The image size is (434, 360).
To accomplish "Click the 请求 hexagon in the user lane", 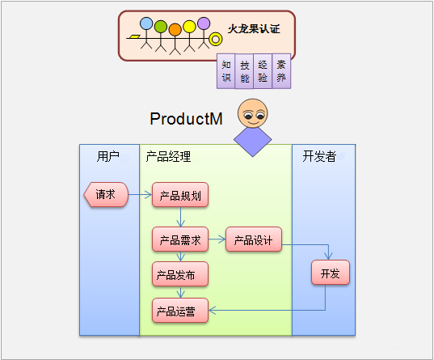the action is pyautogui.click(x=106, y=194).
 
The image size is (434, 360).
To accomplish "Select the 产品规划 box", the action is pyautogui.click(x=180, y=194).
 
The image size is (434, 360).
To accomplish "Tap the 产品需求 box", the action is pyautogui.click(x=180, y=239).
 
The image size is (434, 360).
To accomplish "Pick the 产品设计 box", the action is pyautogui.click(x=254, y=239).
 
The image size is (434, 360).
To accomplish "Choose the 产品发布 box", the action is pyautogui.click(x=180, y=273).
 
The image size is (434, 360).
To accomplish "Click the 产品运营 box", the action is pyautogui.click(x=180, y=311).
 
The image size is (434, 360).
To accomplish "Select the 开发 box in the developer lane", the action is pyautogui.click(x=331, y=272).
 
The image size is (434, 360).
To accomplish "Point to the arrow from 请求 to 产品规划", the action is pyautogui.click(x=141, y=194).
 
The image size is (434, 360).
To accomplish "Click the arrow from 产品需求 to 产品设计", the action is pyautogui.click(x=217, y=239).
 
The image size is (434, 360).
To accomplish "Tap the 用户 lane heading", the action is pyautogui.click(x=108, y=157).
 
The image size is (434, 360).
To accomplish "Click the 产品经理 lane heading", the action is pyautogui.click(x=168, y=157).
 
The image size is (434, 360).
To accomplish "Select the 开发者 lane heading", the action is pyautogui.click(x=319, y=156).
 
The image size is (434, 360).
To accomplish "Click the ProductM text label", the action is pyautogui.click(x=186, y=119).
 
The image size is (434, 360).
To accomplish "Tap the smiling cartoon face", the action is pyautogui.click(x=252, y=113).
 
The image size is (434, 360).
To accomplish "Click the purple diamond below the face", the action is pyautogui.click(x=252, y=141).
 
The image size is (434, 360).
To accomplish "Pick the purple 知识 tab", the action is pyautogui.click(x=226, y=71).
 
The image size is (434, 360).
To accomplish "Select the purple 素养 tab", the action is pyautogui.click(x=281, y=71).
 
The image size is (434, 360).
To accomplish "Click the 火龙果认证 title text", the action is pyautogui.click(x=254, y=29).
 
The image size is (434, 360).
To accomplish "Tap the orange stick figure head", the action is pyautogui.click(x=175, y=30).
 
